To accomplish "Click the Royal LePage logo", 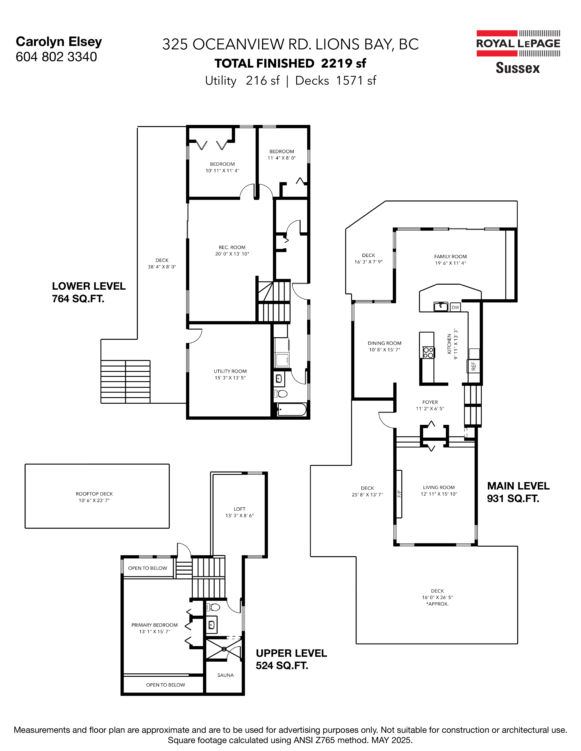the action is pyautogui.click(x=518, y=52).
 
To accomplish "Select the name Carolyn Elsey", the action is pyautogui.click(x=59, y=42).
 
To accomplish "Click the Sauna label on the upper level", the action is pyautogui.click(x=225, y=675).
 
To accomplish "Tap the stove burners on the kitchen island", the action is pyautogui.click(x=428, y=353).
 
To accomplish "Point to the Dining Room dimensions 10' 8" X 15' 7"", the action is pyautogui.click(x=384, y=350).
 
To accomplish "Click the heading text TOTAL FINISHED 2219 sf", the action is pyautogui.click(x=290, y=63).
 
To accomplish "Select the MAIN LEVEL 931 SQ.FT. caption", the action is pyautogui.click(x=518, y=492).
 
